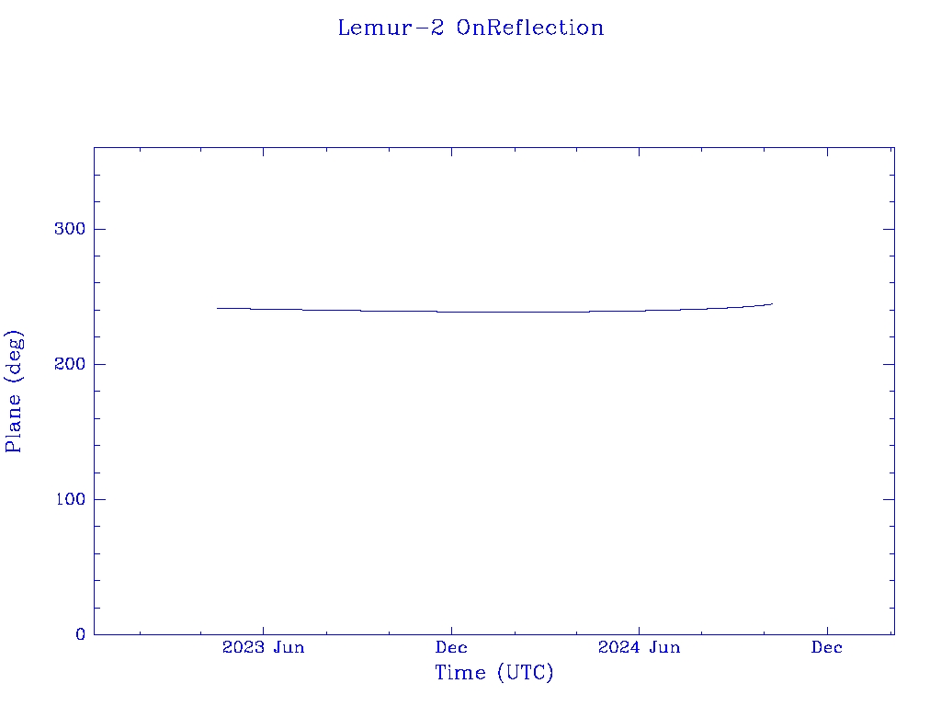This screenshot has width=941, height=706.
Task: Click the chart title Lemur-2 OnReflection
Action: click(x=470, y=28)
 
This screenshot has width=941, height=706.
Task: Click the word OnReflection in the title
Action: click(x=530, y=28)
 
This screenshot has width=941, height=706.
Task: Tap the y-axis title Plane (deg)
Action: click(x=13, y=391)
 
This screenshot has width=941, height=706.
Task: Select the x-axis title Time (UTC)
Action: click(x=493, y=672)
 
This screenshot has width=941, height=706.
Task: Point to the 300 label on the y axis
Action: click(x=70, y=229)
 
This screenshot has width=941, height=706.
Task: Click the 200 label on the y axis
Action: click(x=70, y=364)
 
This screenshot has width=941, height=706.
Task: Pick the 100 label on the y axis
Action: click(x=70, y=499)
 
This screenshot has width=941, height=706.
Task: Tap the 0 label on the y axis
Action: click(x=81, y=634)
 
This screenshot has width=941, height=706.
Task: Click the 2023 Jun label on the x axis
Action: click(x=264, y=647)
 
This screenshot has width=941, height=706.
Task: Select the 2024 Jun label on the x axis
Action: click(x=640, y=647)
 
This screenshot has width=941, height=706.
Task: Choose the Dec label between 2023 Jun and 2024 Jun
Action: click(x=451, y=647)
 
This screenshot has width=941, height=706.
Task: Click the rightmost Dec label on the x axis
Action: click(x=827, y=647)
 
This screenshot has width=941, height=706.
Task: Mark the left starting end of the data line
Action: click(x=217, y=308)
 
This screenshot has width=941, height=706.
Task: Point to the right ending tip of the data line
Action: click(x=772, y=303)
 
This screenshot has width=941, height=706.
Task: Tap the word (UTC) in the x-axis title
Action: click(x=526, y=673)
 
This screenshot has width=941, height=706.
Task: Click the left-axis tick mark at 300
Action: click(x=99, y=229)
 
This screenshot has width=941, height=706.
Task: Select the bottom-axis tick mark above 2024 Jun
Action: click(x=640, y=629)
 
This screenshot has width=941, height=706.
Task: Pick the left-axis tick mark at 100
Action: click(x=99, y=499)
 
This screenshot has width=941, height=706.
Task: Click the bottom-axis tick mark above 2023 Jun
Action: click(x=264, y=629)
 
